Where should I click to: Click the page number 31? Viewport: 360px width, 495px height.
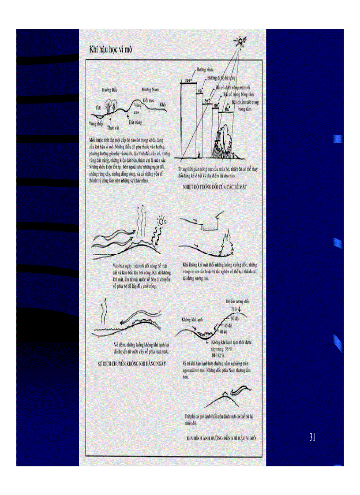tap(312, 438)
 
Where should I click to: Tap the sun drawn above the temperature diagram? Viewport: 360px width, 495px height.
tap(241, 41)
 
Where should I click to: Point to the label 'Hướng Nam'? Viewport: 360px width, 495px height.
tap(150, 89)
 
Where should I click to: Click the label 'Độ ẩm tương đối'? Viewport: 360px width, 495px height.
tap(237, 301)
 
